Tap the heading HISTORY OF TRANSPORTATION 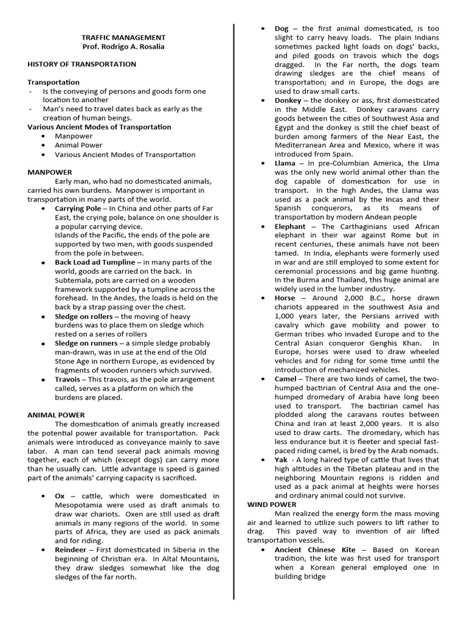click(x=81, y=64)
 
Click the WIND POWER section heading click(x=272, y=504)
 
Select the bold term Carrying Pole click(x=78, y=208)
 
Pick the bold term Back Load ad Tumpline click(x=95, y=262)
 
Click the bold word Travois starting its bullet click(x=69, y=379)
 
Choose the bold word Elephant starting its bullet click(x=290, y=226)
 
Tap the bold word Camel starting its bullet click(x=286, y=378)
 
